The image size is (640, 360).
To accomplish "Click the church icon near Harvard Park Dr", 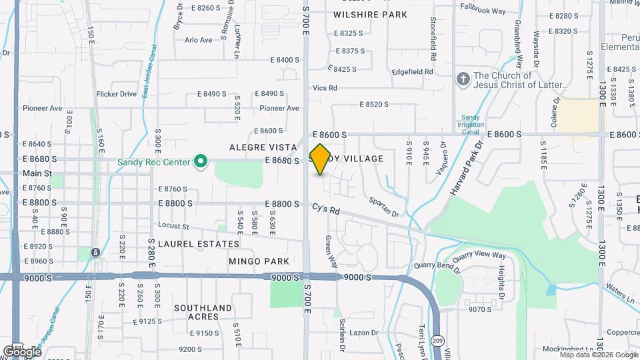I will coord(463,80).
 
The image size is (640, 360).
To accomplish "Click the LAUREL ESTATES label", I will coord(190,244).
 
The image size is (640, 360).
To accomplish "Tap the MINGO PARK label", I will coord(259,261).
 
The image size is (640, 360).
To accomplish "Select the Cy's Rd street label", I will coord(326,209).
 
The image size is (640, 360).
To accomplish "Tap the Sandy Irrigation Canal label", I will coord(470,124).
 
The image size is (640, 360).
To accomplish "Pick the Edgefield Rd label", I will coord(413,71).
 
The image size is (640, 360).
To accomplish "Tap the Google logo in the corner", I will coord(22,351).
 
